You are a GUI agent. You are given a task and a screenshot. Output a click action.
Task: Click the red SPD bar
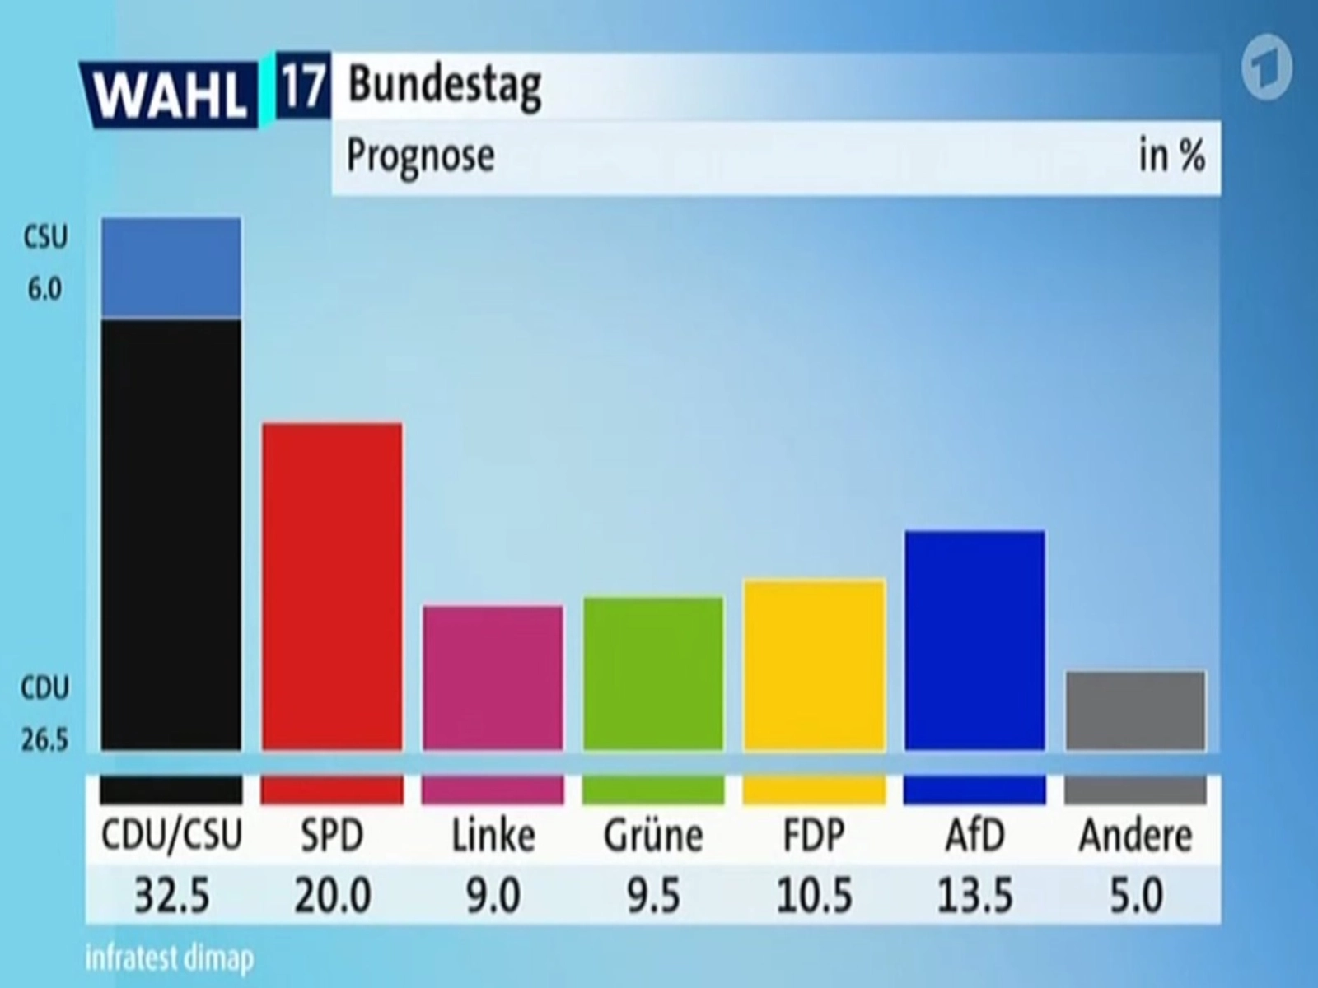(x=332, y=586)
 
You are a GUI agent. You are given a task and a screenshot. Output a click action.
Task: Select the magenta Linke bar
(x=493, y=678)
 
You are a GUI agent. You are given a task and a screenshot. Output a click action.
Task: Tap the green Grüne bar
(x=653, y=673)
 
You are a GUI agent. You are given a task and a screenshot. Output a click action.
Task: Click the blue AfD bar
(x=974, y=641)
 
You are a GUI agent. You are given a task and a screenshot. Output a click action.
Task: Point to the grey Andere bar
(x=1135, y=711)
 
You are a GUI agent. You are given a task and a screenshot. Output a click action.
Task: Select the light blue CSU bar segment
(x=171, y=268)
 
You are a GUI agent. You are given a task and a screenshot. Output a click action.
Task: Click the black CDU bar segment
(x=171, y=535)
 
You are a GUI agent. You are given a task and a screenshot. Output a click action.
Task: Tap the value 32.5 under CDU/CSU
(x=171, y=896)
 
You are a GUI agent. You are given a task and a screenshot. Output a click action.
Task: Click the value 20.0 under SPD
(x=332, y=896)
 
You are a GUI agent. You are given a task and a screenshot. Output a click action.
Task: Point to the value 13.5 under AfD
(x=974, y=896)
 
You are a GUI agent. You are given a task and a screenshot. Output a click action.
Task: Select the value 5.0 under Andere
(x=1135, y=896)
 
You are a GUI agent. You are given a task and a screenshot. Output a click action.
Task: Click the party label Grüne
(x=653, y=836)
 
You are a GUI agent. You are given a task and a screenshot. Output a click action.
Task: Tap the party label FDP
(x=814, y=836)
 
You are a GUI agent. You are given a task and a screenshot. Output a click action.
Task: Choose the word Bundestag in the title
(x=445, y=84)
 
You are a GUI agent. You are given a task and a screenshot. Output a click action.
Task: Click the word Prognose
(x=420, y=155)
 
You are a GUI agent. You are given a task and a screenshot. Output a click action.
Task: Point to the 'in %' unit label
(x=1171, y=155)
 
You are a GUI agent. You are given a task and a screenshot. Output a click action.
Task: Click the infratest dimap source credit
(x=170, y=958)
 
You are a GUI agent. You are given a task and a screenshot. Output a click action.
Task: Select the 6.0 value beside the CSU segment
(x=44, y=290)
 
